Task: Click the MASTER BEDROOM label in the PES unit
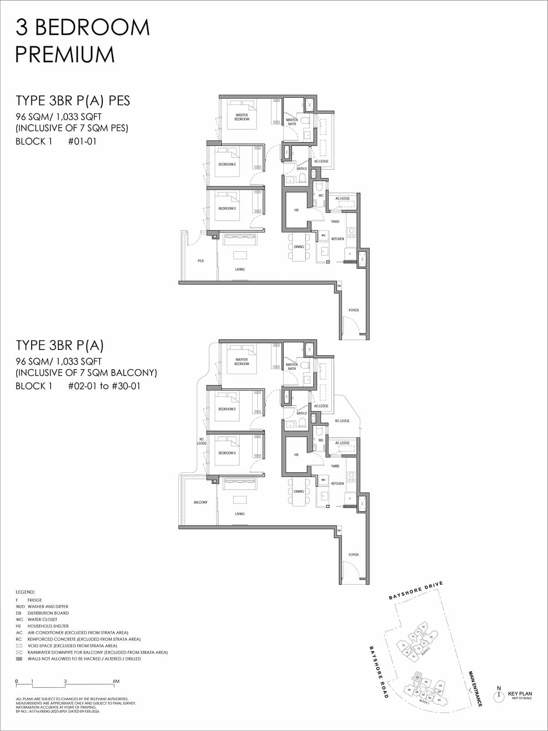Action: tap(242, 117)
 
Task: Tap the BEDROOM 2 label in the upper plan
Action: tap(227, 164)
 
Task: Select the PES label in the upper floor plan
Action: tap(200, 261)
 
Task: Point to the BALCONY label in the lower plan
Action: tap(200, 502)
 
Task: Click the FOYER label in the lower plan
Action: tap(353, 555)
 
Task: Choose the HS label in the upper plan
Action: tap(296, 210)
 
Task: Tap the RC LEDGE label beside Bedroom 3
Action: tap(201, 441)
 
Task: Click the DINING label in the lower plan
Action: tap(299, 492)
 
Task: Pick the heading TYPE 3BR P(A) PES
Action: tap(73, 101)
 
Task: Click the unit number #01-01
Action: tap(82, 141)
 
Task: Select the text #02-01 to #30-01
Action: tap(104, 386)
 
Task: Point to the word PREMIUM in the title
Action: tap(65, 54)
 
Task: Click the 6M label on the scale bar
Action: tap(116, 681)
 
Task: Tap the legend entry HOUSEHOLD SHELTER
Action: tap(48, 626)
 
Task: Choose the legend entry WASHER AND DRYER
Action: tap(48, 607)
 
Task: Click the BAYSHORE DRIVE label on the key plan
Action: tap(416, 590)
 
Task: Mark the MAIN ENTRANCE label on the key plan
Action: tap(475, 689)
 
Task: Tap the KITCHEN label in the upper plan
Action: tap(337, 239)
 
